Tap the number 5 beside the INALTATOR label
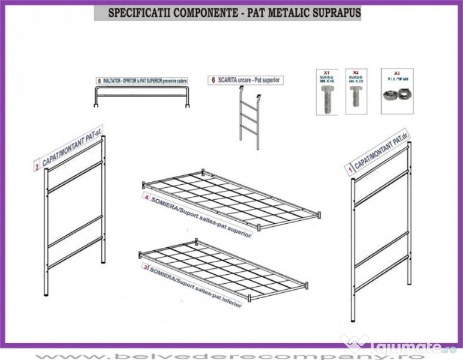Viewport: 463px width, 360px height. (98, 80)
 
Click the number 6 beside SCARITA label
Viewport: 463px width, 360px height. (212, 80)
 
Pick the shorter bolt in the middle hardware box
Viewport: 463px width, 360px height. (356, 97)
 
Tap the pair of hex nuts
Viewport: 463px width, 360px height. (396, 95)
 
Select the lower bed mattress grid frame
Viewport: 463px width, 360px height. (222, 267)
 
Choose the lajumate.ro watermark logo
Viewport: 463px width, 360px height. (399, 346)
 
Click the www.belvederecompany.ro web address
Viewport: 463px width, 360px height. (231, 355)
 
